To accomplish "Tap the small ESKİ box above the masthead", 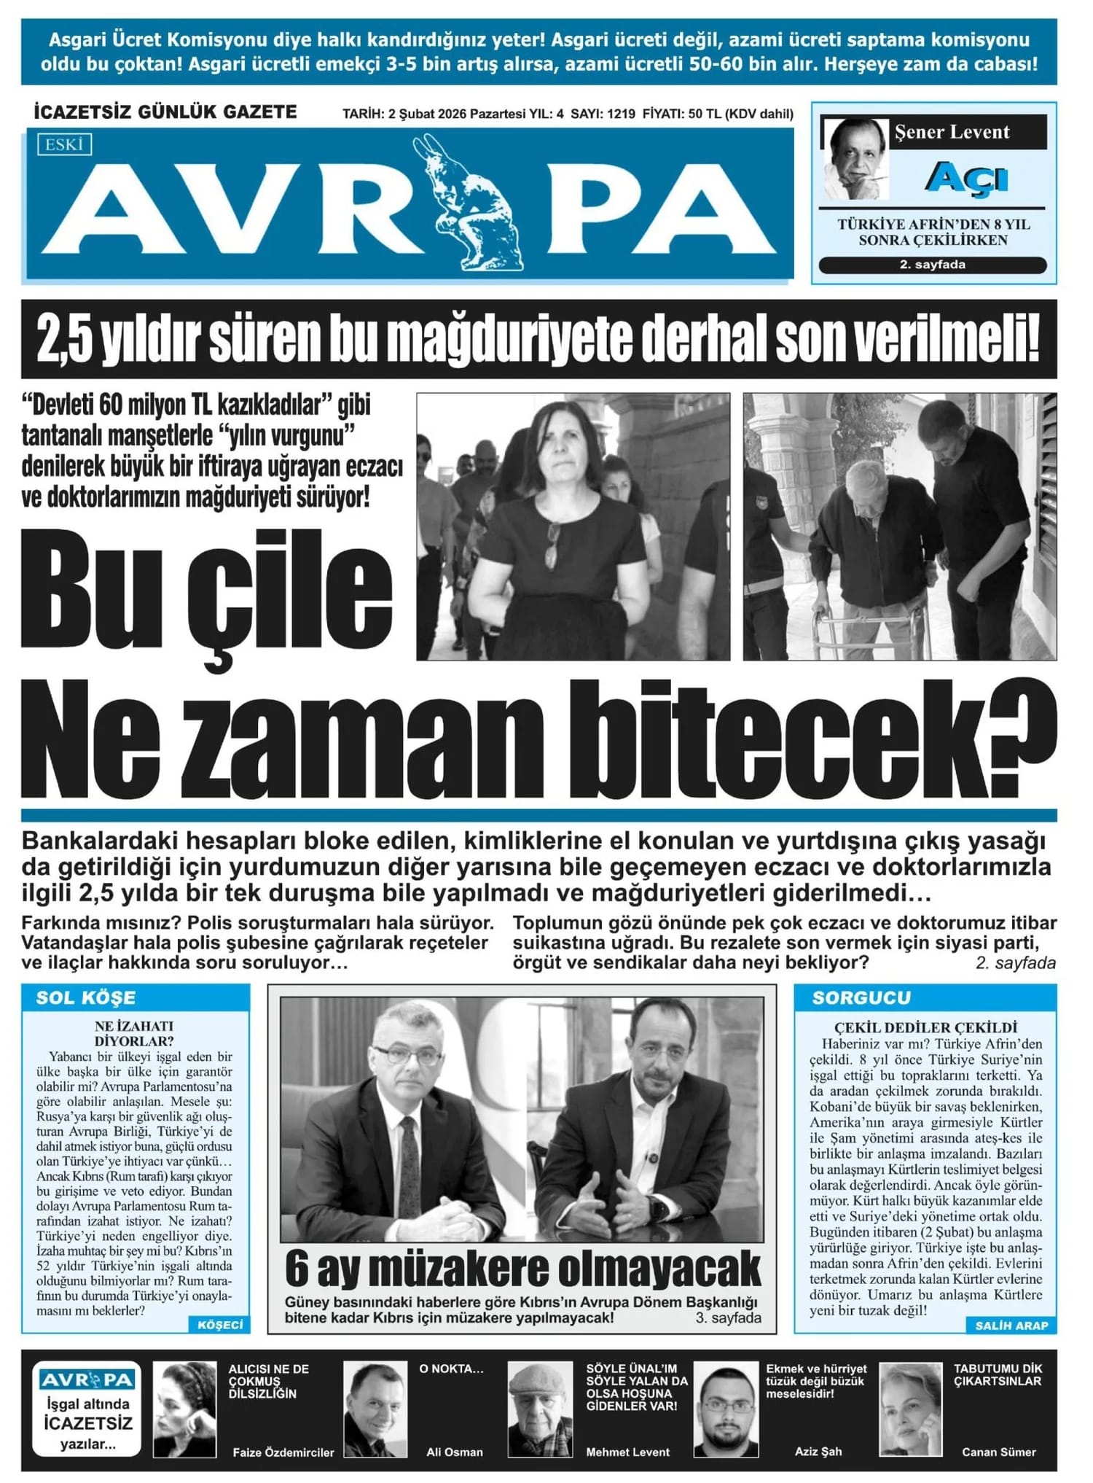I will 64,144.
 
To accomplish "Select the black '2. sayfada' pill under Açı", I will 933,265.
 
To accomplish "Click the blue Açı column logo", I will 966,178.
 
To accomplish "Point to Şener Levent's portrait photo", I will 855,159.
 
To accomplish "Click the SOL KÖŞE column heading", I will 86,997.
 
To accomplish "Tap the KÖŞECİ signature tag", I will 220,1325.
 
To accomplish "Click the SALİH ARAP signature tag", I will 1011,1326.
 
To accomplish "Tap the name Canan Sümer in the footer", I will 998,1452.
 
